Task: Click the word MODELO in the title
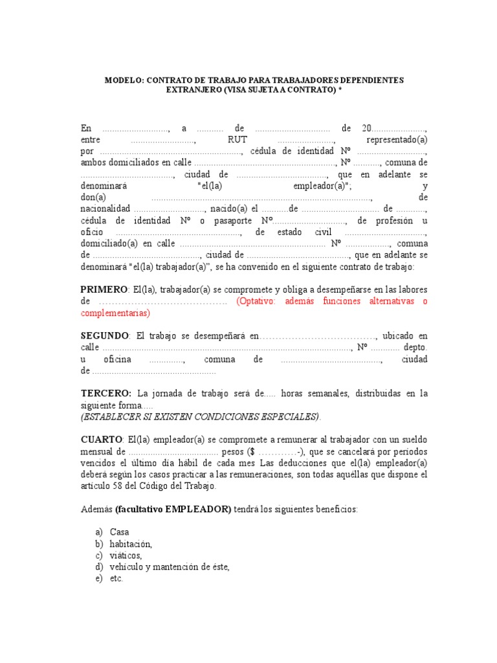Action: (124, 80)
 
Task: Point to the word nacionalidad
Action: (105, 208)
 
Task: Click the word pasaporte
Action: (234, 220)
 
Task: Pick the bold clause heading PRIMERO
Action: (103, 289)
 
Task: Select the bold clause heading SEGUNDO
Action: (105, 336)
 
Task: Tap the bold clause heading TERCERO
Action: (106, 393)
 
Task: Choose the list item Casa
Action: (120, 532)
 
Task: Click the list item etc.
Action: (116, 579)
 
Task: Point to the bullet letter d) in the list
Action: (98, 567)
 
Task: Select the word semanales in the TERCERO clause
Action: (320, 393)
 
